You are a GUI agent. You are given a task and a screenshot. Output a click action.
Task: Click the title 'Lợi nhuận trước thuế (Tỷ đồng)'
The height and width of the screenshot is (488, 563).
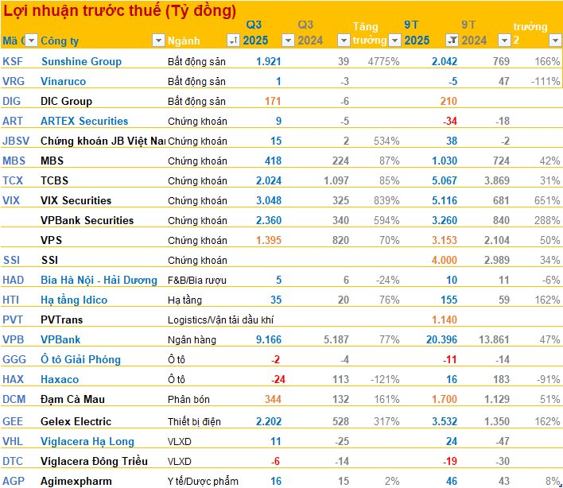pos(120,11)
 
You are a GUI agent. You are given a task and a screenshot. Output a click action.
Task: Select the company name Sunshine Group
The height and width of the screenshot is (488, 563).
pos(81,61)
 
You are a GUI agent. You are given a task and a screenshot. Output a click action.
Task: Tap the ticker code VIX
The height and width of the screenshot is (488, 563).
pos(12,200)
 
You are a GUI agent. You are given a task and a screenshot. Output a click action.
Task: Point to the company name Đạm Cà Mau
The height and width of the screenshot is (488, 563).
pos(72,399)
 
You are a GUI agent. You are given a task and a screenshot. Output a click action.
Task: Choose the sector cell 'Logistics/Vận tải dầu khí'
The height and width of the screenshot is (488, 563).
pos(222,320)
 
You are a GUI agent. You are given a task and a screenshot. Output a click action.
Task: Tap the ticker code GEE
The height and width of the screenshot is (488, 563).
pos(13,421)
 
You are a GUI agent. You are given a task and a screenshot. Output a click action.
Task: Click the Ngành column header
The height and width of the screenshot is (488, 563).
pos(184,41)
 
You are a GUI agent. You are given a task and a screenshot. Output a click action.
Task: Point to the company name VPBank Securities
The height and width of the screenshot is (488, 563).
pos(87,220)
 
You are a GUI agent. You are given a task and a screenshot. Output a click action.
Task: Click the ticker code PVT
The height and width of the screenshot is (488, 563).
pos(13,320)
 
